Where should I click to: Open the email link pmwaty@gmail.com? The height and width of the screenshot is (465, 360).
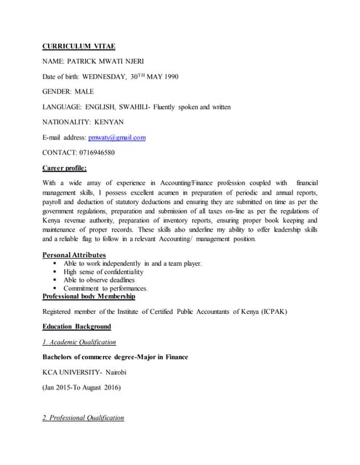coord(116,137)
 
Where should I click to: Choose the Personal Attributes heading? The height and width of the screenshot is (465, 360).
coord(74,255)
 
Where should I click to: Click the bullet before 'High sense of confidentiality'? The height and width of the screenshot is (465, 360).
coord(56,272)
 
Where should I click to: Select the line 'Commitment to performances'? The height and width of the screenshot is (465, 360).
coord(112,288)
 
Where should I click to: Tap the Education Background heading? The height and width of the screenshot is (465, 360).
coord(76,327)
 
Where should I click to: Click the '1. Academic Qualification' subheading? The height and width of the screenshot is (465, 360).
coord(79,341)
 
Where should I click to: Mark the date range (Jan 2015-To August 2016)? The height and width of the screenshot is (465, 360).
coord(90,387)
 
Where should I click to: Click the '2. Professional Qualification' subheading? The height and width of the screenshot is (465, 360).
coord(83,418)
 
